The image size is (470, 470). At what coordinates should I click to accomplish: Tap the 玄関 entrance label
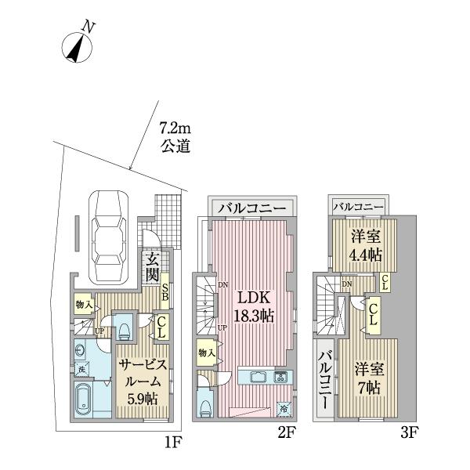click(x=151, y=267)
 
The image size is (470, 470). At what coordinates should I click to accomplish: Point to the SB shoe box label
click(x=165, y=293)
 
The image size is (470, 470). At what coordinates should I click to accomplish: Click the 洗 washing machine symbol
click(x=82, y=367)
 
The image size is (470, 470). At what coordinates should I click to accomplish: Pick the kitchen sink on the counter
click(x=258, y=377)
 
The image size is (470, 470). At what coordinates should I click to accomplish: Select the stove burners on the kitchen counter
click(x=280, y=377)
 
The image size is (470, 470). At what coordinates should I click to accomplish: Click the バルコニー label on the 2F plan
click(x=251, y=208)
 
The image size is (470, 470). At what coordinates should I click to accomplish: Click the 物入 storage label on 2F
click(x=207, y=353)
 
